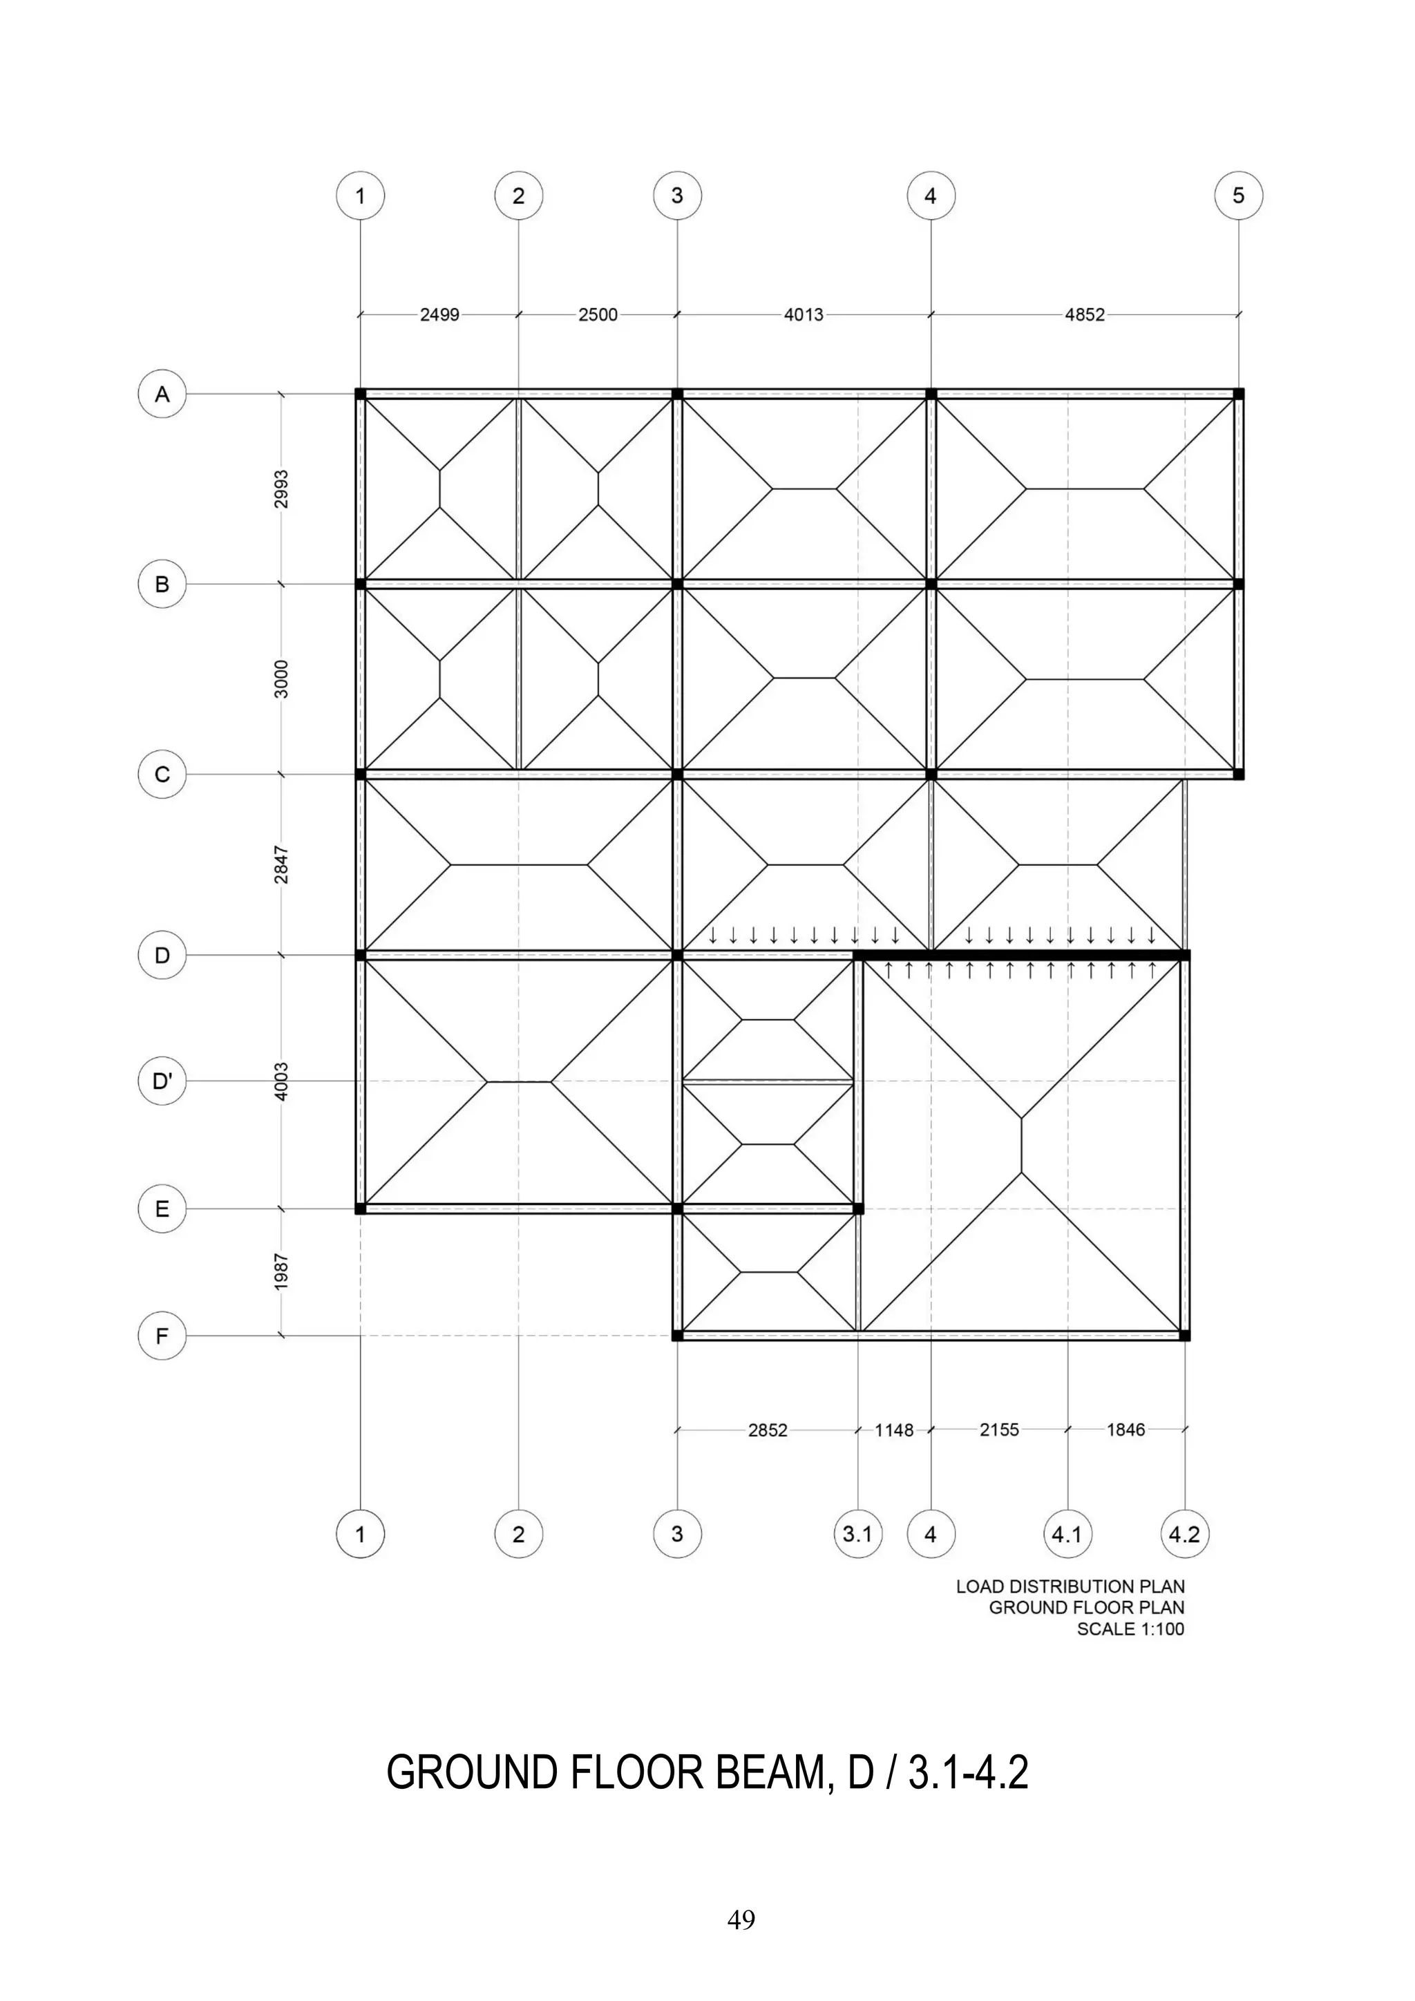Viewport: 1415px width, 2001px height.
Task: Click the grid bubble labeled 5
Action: coord(1238,196)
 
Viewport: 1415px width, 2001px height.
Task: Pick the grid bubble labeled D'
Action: coord(162,1081)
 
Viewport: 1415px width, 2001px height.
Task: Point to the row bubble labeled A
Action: coord(162,395)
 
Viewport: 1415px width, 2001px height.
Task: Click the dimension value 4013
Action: coord(804,314)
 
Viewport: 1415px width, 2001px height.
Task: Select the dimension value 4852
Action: coord(1085,314)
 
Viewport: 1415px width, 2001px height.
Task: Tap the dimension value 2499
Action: coord(440,314)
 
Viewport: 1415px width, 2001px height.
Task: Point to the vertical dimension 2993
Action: coord(281,490)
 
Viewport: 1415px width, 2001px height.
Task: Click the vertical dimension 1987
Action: coord(281,1273)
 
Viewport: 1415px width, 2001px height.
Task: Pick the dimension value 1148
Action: coord(894,1430)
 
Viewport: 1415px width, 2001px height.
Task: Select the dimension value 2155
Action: coord(999,1430)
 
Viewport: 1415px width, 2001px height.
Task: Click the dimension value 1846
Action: coord(1126,1430)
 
